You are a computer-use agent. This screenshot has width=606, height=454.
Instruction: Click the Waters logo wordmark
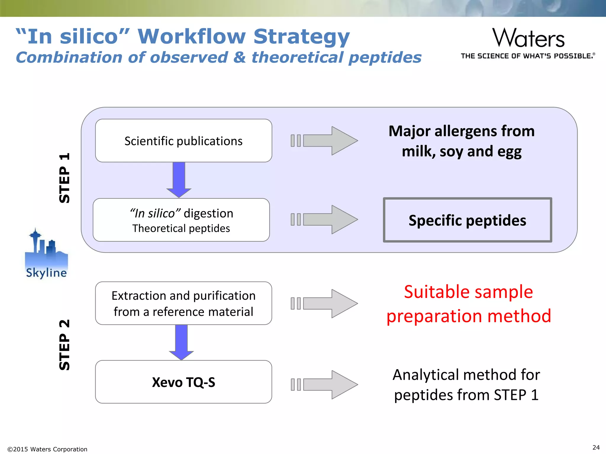pos(528,38)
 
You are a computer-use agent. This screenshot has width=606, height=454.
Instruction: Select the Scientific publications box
pos(183,141)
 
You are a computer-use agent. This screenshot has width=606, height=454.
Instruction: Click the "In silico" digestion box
pos(181,220)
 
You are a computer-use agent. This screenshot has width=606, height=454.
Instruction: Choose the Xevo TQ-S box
pos(183,382)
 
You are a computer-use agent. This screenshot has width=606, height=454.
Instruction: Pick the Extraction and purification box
pos(183,303)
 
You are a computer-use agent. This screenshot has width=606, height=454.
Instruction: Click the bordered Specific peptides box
pos(467,220)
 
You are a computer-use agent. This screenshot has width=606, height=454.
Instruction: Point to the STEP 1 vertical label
pos(65,178)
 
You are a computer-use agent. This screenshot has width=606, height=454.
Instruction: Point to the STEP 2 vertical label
pos(65,345)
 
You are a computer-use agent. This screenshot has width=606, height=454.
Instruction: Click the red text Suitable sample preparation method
pos(469,304)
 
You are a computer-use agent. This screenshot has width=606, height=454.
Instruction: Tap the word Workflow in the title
pos(192,36)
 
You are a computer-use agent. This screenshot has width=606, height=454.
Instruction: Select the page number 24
pos(596,447)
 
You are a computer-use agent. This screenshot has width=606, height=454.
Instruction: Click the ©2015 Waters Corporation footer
pos(47,449)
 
